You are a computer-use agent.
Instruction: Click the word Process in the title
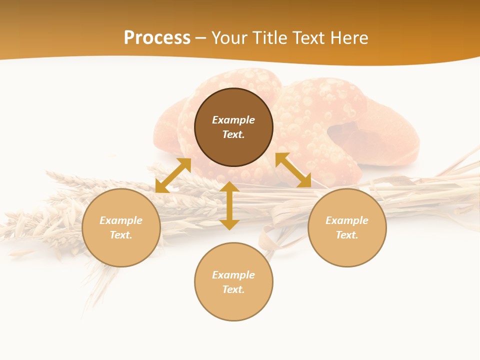pos(157,38)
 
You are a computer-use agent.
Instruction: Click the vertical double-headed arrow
pos(229,205)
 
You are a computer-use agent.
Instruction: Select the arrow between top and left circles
pos(173,175)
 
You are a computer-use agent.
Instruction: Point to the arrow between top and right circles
pos(293,170)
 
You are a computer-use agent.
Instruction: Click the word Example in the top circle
pos(233,120)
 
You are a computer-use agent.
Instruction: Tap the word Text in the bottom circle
pos(232,289)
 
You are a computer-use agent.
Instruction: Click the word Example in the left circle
pos(121,220)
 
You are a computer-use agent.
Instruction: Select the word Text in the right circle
pos(346,235)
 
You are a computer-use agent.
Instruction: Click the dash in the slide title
pos(201,38)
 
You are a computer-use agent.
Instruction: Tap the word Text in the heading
pos(308,38)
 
